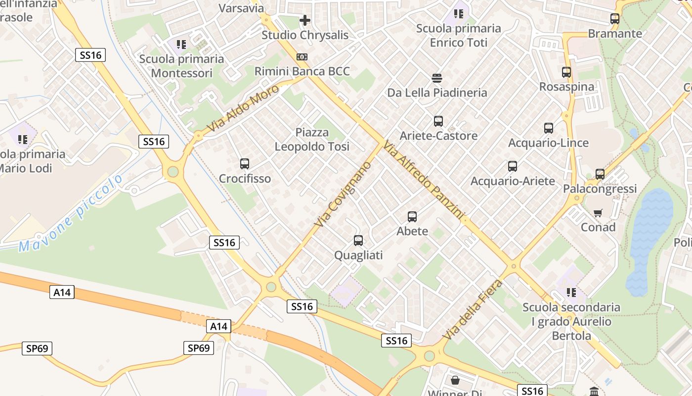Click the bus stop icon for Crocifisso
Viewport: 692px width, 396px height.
pos(244,164)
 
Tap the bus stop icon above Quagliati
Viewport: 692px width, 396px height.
pos(358,241)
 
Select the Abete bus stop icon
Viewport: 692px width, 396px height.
pos(412,216)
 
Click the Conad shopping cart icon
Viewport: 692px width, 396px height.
pos(598,213)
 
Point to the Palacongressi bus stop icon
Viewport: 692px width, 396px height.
pos(600,174)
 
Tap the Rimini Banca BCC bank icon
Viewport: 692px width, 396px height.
pos(302,57)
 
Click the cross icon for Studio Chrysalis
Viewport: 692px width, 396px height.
pos(305,20)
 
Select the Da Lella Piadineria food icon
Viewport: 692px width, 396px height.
pos(437,78)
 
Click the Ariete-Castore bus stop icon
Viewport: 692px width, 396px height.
pos(438,121)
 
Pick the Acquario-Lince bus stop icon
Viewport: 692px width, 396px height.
pos(548,128)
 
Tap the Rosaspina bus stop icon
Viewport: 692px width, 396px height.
pos(566,72)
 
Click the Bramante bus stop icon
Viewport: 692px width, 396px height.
pos(614,19)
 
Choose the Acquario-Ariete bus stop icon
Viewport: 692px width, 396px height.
pos(512,166)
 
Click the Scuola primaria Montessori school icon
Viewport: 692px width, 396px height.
pos(181,45)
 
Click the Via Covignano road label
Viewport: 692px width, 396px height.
pos(343,194)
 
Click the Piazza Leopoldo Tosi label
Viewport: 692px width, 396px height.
pos(312,140)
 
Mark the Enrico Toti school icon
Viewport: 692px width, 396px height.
pos(459,14)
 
